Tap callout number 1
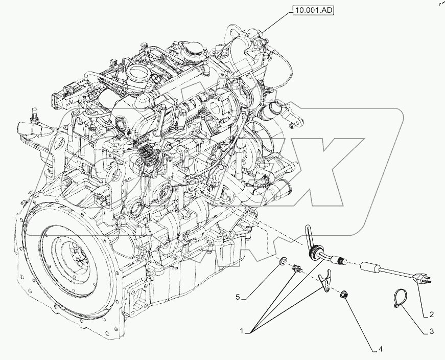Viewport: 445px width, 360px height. [242, 331]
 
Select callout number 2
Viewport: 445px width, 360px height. [431, 314]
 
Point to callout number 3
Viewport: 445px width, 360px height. [431, 331]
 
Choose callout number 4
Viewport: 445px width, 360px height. [381, 349]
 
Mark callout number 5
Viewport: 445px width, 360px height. [238, 298]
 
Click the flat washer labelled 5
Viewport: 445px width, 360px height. [283, 261]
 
